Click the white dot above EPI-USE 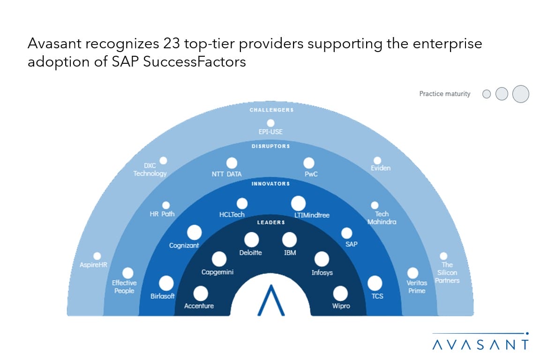point(270,123)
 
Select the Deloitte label point(250,253)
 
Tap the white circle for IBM point(289,240)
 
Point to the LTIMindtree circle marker point(298,203)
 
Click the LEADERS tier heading point(271,223)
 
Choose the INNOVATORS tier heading point(270,184)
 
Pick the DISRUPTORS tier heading point(270,146)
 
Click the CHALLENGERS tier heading point(271,110)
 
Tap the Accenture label point(199,306)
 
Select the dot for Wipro point(340,293)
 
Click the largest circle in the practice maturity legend point(521,94)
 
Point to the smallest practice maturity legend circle point(487,94)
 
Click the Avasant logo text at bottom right point(480,345)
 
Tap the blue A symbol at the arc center point(271,300)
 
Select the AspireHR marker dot point(97,256)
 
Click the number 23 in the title point(171,44)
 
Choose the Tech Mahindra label point(382,217)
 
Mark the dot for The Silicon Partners point(443,256)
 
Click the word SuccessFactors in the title point(195,62)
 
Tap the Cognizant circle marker point(194,232)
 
